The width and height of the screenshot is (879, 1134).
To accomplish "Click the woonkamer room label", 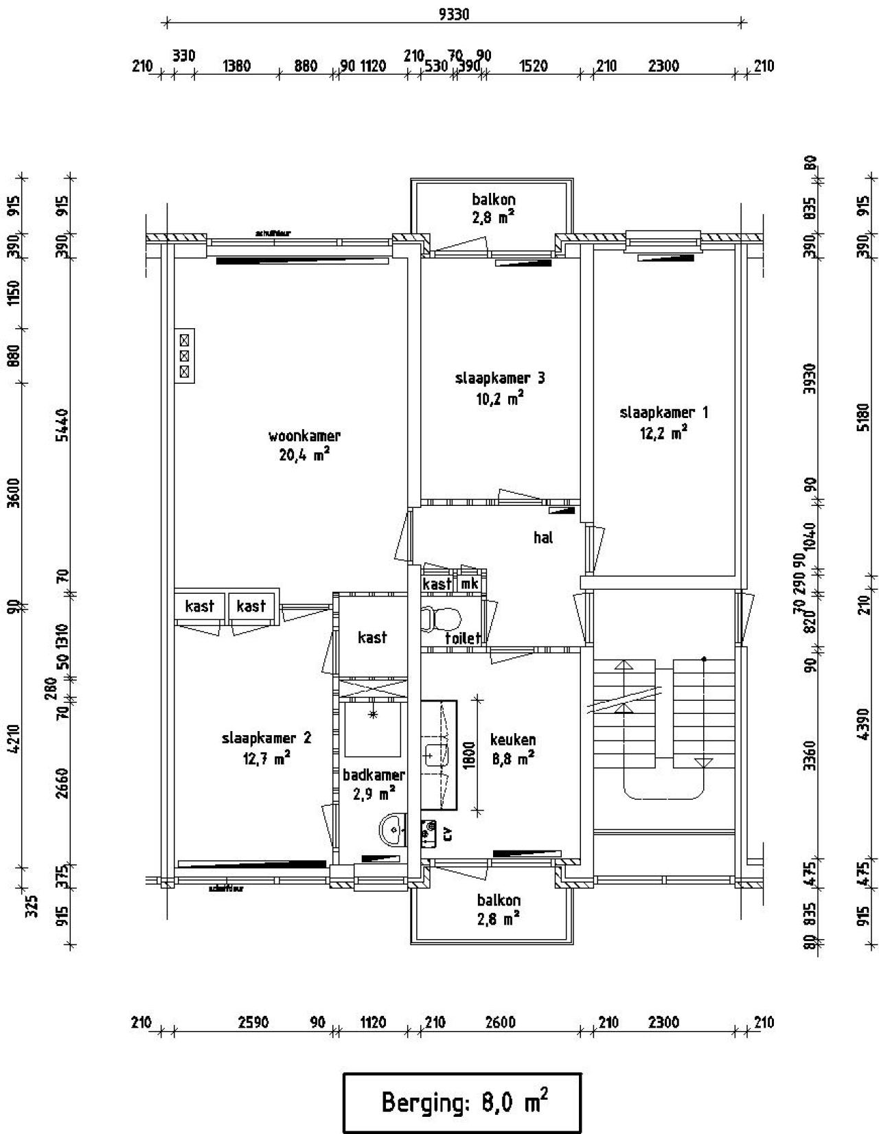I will coord(304,436).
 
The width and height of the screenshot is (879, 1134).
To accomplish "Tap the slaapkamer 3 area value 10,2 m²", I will coord(500,398).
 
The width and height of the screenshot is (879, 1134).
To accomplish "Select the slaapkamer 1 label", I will coord(663,413).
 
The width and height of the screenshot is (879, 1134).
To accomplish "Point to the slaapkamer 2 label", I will coord(266,738).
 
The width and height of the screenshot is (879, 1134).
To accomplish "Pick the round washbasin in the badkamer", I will coord(392,829).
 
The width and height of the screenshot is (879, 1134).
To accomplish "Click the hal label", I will coord(543,537).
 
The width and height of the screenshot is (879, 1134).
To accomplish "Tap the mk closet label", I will coord(470,583).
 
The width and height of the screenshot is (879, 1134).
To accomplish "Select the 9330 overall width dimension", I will coord(453,14).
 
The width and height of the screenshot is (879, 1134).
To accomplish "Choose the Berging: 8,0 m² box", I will coord(462,1102).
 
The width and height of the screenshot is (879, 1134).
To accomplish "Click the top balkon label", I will coord(493,200).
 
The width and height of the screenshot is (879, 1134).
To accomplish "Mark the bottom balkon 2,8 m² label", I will coord(499,917).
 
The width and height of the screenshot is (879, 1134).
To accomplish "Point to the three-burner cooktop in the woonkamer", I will coord(184,356).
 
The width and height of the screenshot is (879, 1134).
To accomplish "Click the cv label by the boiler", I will coord(448,833).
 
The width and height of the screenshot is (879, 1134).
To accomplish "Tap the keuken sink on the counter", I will coord(435,756).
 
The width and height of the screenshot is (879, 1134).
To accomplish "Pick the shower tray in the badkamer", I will coord(373,729).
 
